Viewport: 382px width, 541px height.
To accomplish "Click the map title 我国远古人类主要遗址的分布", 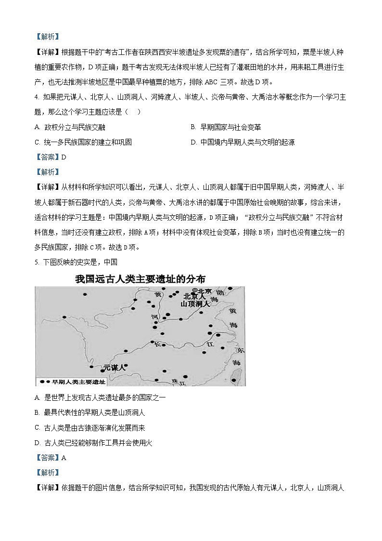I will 140,279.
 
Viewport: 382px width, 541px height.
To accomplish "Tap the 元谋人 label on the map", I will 114,368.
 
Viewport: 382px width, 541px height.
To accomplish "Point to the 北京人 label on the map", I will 195,297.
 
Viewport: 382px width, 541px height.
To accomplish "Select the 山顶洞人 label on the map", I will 195,304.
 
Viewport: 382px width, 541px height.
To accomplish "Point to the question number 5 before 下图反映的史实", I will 37,263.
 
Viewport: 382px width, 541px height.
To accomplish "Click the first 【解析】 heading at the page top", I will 47,36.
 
